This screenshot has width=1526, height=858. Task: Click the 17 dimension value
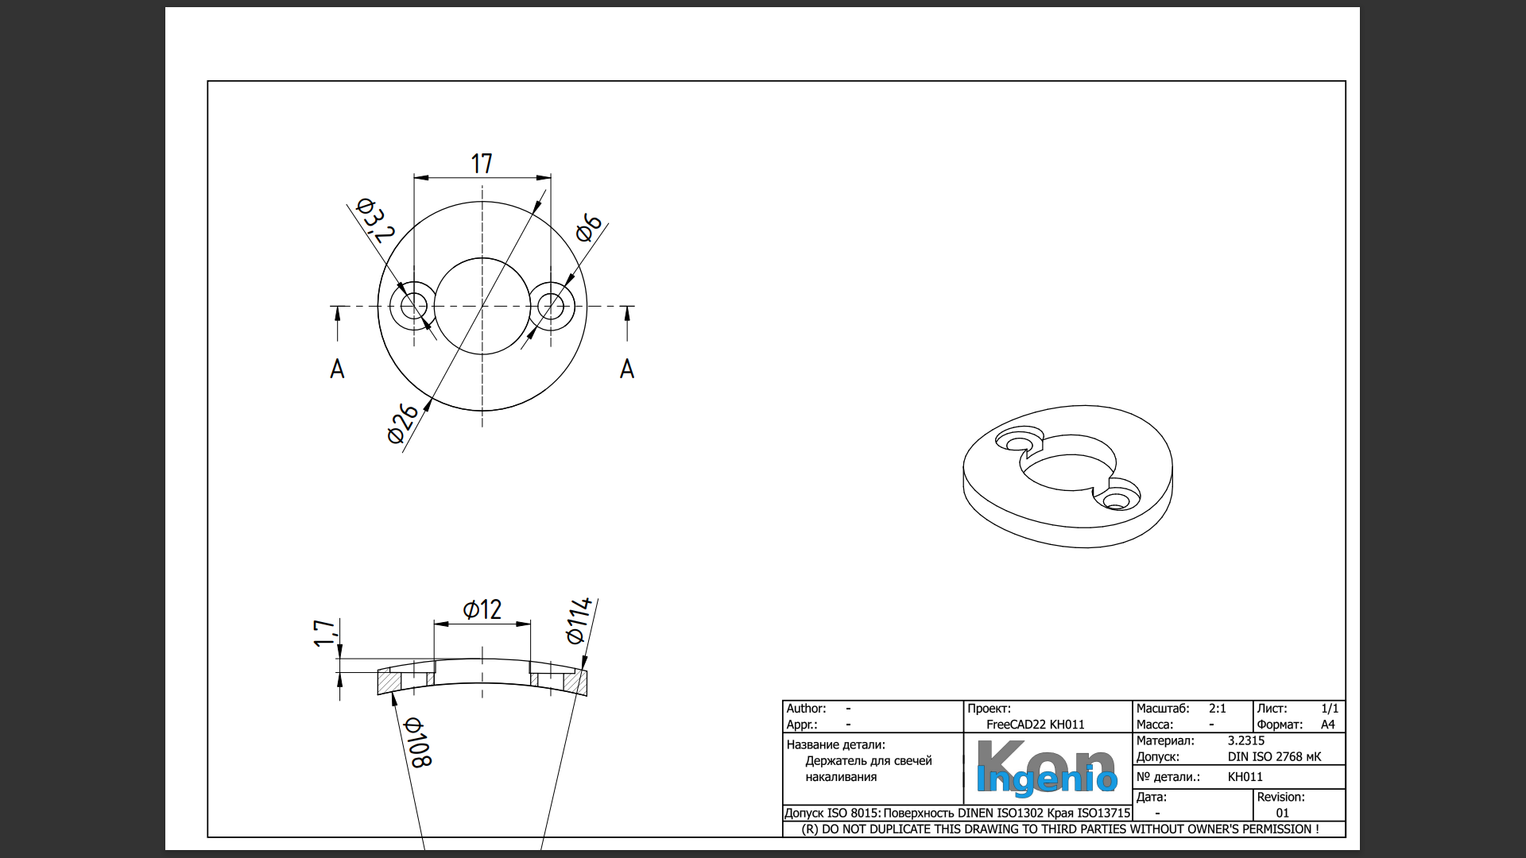point(482,164)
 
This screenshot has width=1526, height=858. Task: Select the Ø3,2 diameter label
point(375,220)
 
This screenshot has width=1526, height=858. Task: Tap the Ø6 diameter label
point(589,227)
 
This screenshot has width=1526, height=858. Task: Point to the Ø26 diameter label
point(403,423)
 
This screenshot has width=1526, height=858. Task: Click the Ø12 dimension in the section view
point(482,609)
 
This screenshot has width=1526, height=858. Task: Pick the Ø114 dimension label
point(579,620)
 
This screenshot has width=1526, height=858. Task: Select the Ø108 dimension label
point(417,742)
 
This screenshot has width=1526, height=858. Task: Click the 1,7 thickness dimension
point(324,634)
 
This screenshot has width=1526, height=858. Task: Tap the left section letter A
point(337,369)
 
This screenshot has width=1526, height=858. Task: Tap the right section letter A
point(627,369)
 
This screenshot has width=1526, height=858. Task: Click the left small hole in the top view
point(413,306)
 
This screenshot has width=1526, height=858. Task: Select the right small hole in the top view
point(551,306)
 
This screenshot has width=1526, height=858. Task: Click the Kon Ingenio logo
point(1046,768)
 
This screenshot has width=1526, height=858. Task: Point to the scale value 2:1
point(1217,709)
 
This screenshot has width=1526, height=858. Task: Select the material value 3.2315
point(1245,740)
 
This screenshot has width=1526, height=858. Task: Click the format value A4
point(1327,725)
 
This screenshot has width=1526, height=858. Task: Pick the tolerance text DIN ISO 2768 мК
point(1274,757)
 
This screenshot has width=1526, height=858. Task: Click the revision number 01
point(1282,813)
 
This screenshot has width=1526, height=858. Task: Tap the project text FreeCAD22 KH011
point(1035,725)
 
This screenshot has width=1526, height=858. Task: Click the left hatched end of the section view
point(389,682)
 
